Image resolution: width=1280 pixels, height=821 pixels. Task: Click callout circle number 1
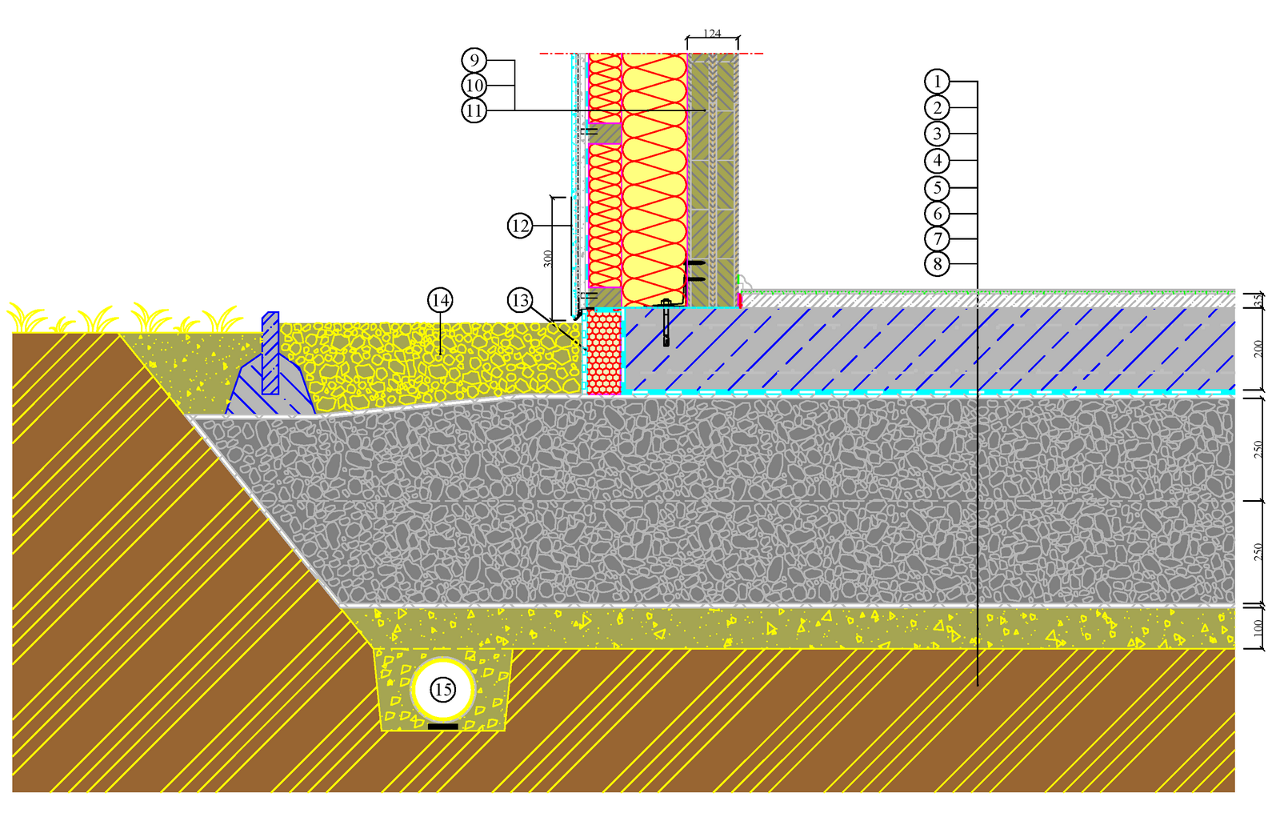(x=937, y=81)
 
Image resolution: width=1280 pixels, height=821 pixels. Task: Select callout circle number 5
(x=937, y=188)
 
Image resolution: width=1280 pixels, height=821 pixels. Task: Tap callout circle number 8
(x=937, y=263)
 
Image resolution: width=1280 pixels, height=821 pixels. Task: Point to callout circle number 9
(x=474, y=60)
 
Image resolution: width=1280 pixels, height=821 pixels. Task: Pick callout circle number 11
(x=474, y=110)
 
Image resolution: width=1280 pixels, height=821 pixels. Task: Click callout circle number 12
(x=520, y=226)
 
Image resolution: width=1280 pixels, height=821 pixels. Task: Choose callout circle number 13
(x=520, y=300)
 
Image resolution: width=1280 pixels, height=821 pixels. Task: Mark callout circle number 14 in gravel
(x=440, y=300)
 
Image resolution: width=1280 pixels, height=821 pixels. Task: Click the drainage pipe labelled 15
(x=442, y=689)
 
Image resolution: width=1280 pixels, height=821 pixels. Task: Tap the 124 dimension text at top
(x=712, y=34)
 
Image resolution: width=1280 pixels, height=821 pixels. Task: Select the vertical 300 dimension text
(x=548, y=258)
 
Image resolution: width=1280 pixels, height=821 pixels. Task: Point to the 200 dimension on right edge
(x=1258, y=348)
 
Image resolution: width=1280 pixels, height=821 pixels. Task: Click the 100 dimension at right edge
(x=1258, y=627)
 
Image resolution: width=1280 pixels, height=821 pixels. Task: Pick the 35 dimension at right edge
(x=1258, y=300)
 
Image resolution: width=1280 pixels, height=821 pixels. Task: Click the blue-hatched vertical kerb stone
(x=270, y=352)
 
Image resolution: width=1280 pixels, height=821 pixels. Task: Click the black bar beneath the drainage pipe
(x=443, y=727)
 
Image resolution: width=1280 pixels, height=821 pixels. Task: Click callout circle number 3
(x=937, y=134)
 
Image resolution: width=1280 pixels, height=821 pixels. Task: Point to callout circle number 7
(x=937, y=238)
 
